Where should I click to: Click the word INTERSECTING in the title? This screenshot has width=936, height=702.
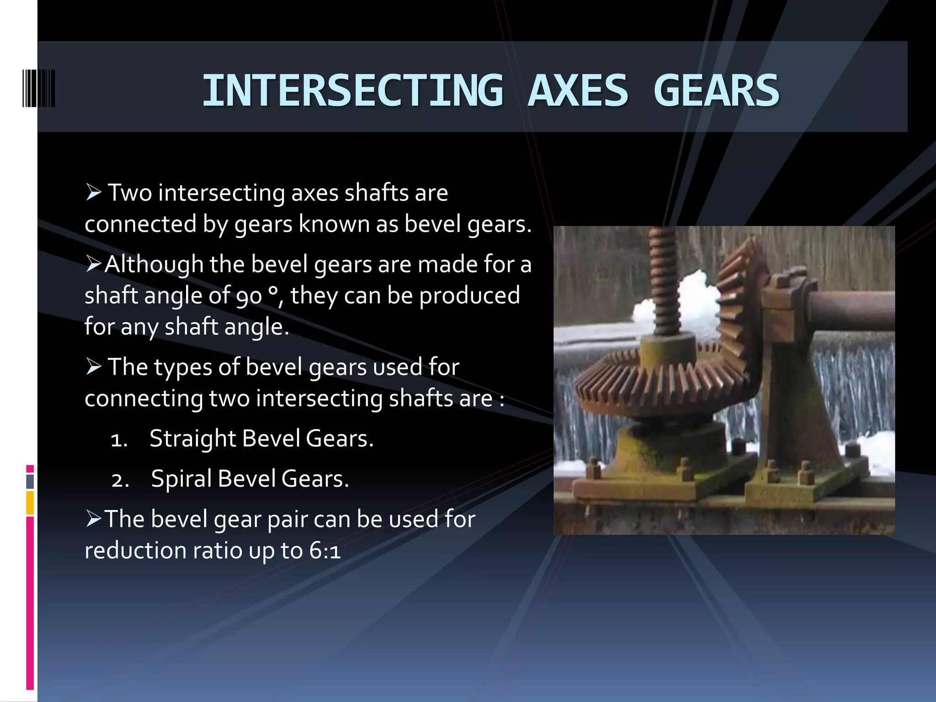coord(352,90)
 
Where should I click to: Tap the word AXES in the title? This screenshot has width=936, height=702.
coord(578,90)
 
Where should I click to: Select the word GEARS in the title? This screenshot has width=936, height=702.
coord(716,90)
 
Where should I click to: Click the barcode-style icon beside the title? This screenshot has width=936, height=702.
coord(39,89)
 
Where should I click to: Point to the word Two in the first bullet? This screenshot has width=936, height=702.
coord(130,193)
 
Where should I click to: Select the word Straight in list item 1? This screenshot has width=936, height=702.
coord(192,439)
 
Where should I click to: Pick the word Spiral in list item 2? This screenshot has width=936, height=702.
coord(181,479)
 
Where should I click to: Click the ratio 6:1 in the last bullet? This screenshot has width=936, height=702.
coord(325,551)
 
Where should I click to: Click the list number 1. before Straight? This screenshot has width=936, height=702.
coord(119,440)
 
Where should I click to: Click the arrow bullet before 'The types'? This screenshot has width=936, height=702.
coord(93,367)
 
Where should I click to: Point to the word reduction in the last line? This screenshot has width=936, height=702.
coord(135,551)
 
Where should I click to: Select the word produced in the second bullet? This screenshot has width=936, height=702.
coord(469,296)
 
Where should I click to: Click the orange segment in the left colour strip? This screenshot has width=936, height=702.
coord(30,503)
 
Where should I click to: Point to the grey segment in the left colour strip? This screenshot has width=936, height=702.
coord(30,481)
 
